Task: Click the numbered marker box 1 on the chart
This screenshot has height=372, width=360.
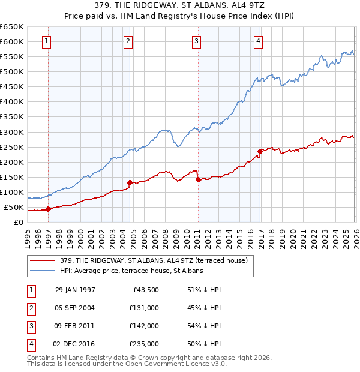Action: point(47,41)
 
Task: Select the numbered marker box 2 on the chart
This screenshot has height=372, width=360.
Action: point(128,41)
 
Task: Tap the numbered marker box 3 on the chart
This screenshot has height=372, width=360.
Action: point(196,41)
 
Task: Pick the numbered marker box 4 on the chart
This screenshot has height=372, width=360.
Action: point(257,41)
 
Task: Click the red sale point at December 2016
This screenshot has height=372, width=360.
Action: point(260,151)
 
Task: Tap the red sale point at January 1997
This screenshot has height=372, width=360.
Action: point(49,209)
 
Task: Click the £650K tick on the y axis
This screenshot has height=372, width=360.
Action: point(12,27)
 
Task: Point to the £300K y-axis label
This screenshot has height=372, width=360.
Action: point(12,132)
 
